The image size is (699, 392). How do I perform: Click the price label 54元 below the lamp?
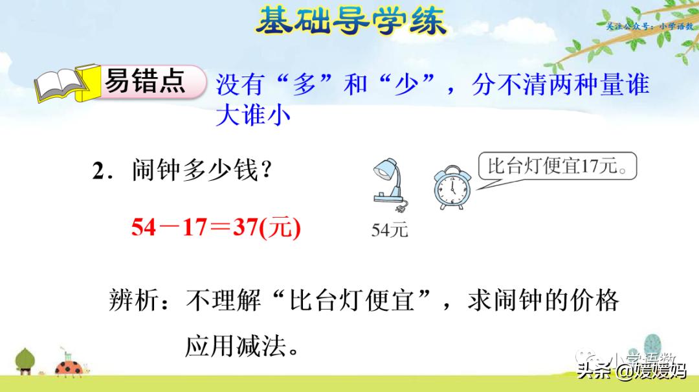[390, 229]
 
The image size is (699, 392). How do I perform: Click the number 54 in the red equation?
[144, 227]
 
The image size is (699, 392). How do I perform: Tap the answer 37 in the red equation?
[245, 227]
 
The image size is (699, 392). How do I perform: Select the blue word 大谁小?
[253, 115]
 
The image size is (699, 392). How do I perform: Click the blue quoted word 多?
[303, 85]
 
